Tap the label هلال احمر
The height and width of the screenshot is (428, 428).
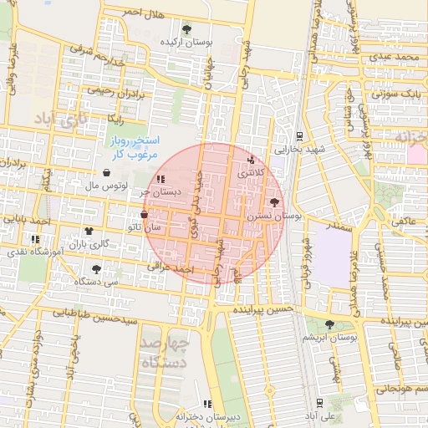pyautogui.click(x=121, y=12)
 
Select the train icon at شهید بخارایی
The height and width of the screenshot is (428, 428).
pyautogui.click(x=300, y=136)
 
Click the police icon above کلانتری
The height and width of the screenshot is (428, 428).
pyautogui.click(x=250, y=160)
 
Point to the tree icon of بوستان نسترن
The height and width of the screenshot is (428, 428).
pyautogui.click(x=275, y=202)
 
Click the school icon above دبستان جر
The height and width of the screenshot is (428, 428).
pyautogui.click(x=160, y=178)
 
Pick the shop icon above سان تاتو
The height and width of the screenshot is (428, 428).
pyautogui.click(x=145, y=214)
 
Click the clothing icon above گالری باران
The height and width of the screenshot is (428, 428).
pyautogui.click(x=89, y=231)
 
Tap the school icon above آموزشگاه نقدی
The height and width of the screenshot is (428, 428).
pyautogui.click(x=35, y=239)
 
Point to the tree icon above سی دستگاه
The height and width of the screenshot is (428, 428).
pyautogui.click(x=97, y=269)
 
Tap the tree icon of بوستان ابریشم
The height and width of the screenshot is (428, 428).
pyautogui.click(x=328, y=324)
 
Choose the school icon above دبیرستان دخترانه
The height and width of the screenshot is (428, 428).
pyautogui.click(x=208, y=405)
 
